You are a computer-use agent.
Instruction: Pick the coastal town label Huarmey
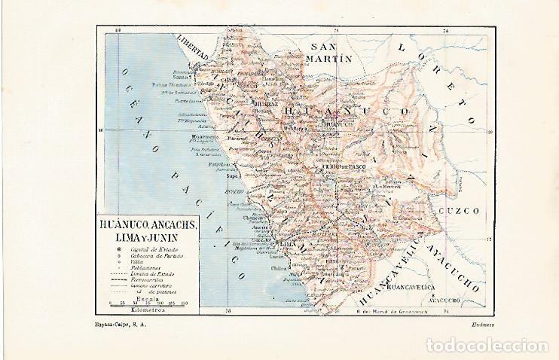pyautogui.click(x=201, y=136)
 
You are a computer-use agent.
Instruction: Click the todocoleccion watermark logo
pyautogui.click(x=487, y=346)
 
